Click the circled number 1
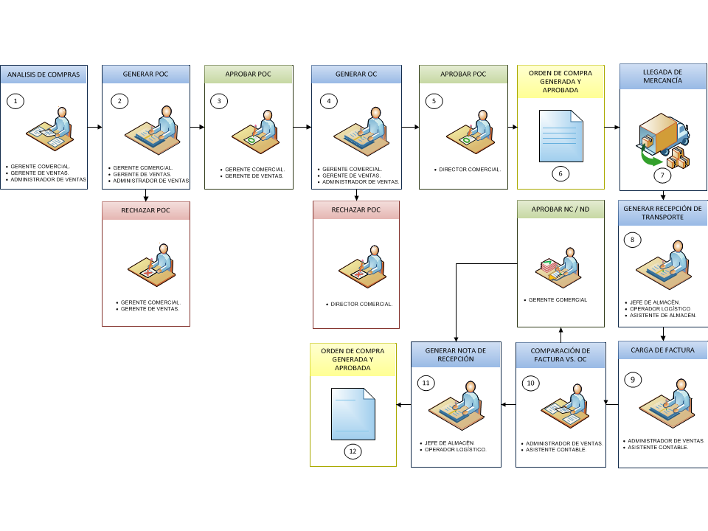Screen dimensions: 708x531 coord(15,101)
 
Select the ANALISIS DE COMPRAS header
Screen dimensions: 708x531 coord(44,74)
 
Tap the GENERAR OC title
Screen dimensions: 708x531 coord(355,74)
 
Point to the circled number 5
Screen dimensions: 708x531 coord(434,101)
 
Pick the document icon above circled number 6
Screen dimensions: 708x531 coord(560,136)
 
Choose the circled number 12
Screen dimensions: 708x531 coord(353,451)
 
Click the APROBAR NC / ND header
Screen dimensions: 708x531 coord(560,209)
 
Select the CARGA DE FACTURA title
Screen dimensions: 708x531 coord(662,350)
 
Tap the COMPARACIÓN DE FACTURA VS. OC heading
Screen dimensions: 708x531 coord(560,355)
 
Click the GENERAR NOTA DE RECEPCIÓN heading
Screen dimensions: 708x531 coord(456,355)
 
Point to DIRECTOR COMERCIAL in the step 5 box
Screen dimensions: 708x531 coord(470,170)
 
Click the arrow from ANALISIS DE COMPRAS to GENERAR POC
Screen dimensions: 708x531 coord(95,128)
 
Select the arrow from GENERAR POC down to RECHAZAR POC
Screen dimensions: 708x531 coord(145,195)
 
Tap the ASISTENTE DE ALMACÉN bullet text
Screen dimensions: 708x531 coord(663,315)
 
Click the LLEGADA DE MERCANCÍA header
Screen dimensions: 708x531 coord(662,76)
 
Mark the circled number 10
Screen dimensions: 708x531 coord(530,383)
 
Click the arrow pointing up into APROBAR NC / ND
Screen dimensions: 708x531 coord(560,335)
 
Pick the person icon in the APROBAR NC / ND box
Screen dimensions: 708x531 coord(558,268)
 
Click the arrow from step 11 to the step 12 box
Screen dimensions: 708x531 coord(403,405)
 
